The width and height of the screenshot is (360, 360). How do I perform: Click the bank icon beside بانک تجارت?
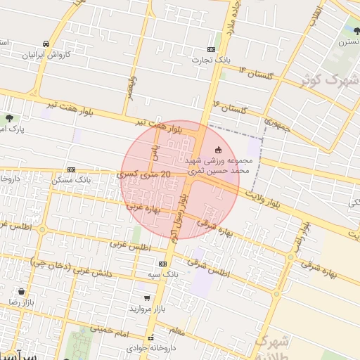coord(212,49)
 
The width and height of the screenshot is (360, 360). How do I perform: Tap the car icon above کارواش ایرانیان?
coord(46,43)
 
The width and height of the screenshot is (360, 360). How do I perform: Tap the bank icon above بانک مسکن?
coord(71,169)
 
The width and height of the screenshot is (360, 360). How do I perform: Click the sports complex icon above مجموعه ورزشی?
coord(217,149)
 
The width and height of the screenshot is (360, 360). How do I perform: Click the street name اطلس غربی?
coord(131,246)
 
